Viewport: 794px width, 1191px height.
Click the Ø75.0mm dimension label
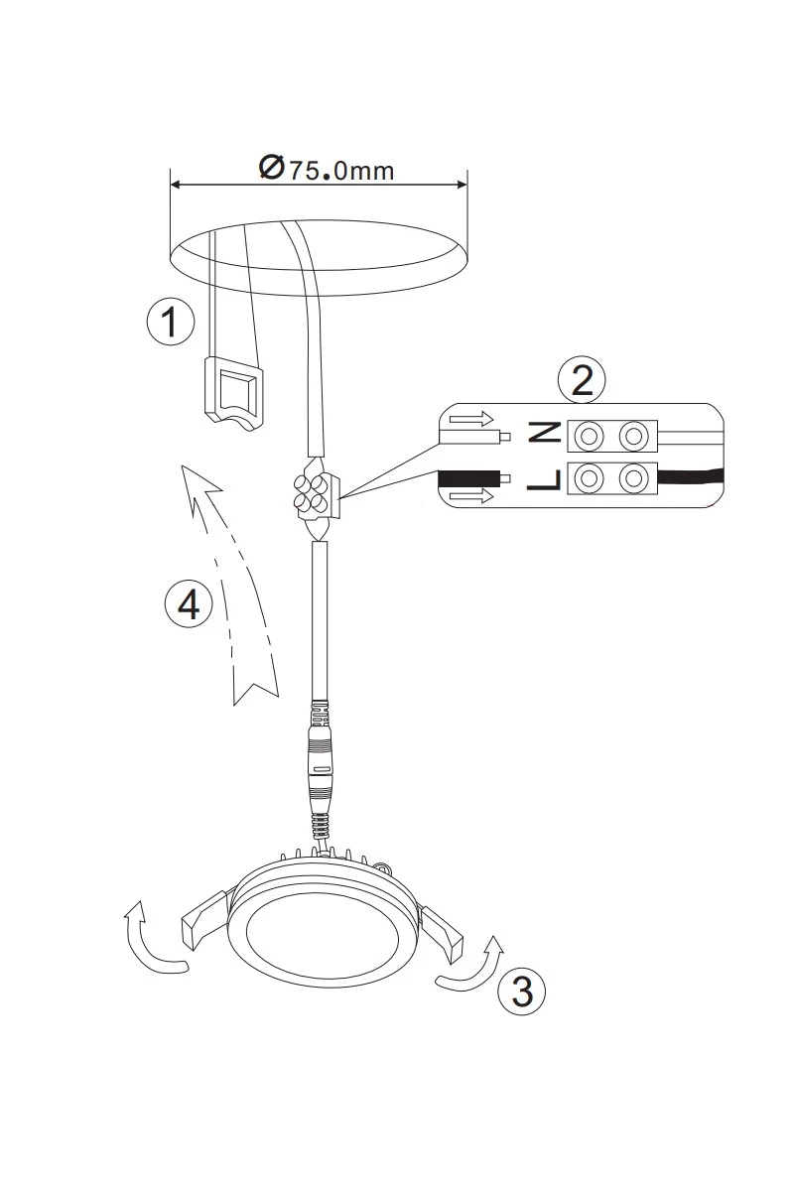pyautogui.click(x=327, y=169)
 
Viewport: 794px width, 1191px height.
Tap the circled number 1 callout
pyautogui.click(x=171, y=322)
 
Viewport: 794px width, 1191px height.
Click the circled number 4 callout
pyautogui.click(x=189, y=603)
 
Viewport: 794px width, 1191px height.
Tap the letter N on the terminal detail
pyautogui.click(x=544, y=432)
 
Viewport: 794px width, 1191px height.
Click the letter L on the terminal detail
pyautogui.click(x=544, y=480)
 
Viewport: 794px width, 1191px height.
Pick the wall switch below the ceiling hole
pyautogui.click(x=232, y=394)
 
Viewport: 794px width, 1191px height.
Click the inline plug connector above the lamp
pyautogui.click(x=320, y=775)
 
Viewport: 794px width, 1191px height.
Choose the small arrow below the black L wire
pyautogui.click(x=471, y=496)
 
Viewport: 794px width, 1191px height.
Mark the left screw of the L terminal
pyautogui.click(x=589, y=478)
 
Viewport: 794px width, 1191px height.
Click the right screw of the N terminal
pyautogui.click(x=633, y=436)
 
